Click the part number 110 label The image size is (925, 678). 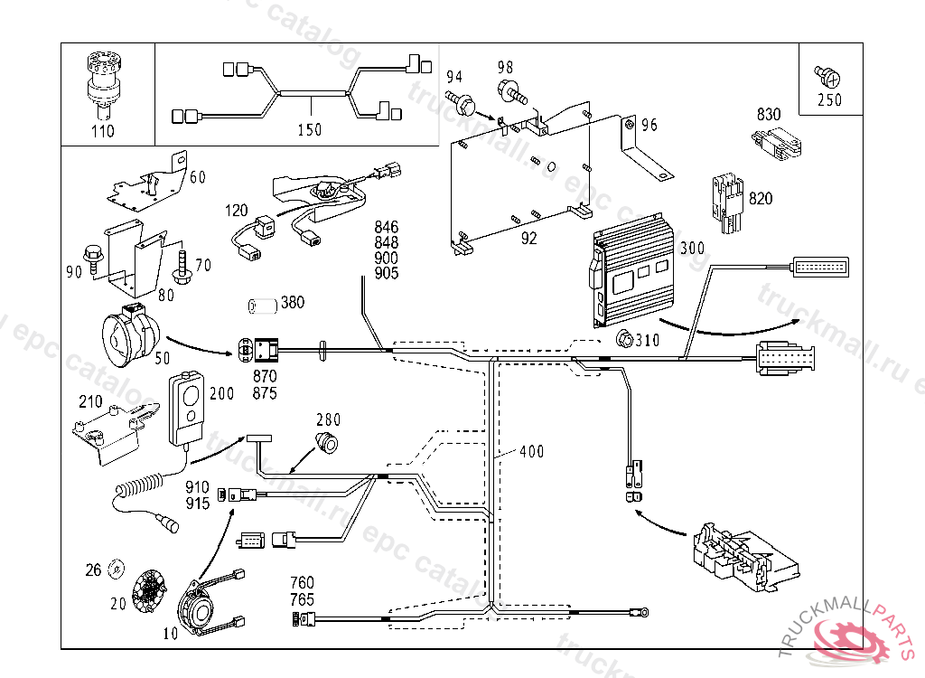point(103,131)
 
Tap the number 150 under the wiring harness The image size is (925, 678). point(309,130)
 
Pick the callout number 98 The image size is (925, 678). point(504,67)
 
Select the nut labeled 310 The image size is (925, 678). point(622,341)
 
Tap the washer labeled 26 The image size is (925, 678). point(116,569)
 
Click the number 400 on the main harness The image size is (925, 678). point(531,451)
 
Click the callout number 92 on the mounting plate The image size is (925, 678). point(528,239)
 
